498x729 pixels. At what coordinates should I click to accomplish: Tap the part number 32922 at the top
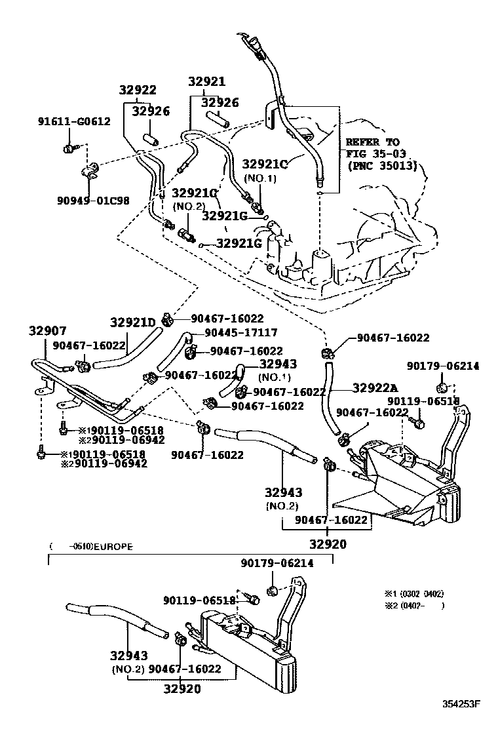pos(138,90)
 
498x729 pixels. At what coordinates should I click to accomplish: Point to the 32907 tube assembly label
pos(47,331)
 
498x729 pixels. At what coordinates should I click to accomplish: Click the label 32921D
pos(132,322)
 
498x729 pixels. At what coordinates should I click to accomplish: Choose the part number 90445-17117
pos(240,333)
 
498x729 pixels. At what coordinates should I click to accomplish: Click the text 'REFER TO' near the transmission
pos(372,142)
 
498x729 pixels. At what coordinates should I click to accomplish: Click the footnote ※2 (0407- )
pos(414,606)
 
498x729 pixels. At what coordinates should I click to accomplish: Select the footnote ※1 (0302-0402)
pos(414,594)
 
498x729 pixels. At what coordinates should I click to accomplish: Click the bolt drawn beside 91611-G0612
pos(71,148)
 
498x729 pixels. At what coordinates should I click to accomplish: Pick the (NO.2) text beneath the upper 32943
pos(282,506)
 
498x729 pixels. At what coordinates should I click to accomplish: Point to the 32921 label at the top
pos(206,82)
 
